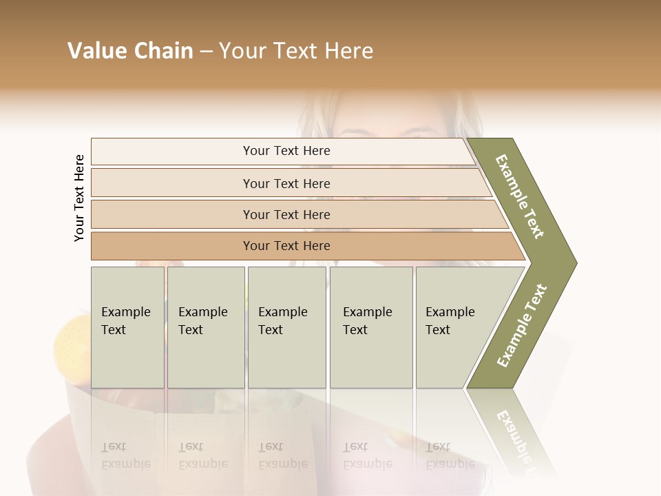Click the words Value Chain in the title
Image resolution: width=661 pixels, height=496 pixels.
pos(130,51)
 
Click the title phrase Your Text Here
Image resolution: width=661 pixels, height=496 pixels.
pos(296,51)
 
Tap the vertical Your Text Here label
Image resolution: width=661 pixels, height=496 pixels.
pos(79,198)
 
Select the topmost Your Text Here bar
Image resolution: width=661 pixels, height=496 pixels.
pos(286,151)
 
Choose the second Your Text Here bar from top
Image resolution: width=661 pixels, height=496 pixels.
pos(286,183)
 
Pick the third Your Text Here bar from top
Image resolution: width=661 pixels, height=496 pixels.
pos(286,214)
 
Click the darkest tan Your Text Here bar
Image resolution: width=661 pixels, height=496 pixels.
pos(286,246)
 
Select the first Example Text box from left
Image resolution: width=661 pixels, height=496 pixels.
pos(127,327)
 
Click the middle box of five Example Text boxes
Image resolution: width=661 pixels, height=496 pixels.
pos(286,327)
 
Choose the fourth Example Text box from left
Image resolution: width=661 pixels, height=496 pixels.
pos(371,327)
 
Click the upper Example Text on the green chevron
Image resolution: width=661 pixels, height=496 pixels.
pos(520,196)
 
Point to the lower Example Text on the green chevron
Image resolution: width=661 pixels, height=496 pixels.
pos(522,325)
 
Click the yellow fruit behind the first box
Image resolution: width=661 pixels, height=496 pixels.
pos(72,338)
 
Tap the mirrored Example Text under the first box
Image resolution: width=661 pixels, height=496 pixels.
pos(125,455)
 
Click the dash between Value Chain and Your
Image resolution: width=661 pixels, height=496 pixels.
pos(206,52)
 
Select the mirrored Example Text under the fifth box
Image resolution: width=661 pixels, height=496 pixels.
pos(450,455)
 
